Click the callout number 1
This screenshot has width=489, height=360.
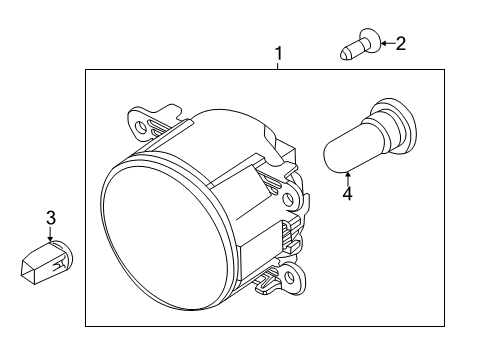tap(278, 54)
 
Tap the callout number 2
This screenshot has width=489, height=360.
tap(401, 44)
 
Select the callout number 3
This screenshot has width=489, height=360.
tap(51, 218)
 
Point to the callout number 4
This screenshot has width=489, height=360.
tap(347, 194)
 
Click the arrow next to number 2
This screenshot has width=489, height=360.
tap(388, 43)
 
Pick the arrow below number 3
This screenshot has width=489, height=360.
tap(50, 234)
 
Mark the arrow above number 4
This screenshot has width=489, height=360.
tap(348, 178)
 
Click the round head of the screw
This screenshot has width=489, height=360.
tap(370, 40)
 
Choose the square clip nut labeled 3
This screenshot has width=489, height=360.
tap(46, 263)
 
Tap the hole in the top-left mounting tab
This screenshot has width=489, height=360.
tap(140, 126)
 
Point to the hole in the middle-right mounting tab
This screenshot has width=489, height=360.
tap(288, 199)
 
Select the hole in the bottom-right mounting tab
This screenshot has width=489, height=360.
tap(291, 277)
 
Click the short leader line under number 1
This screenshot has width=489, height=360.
tap(278, 66)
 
